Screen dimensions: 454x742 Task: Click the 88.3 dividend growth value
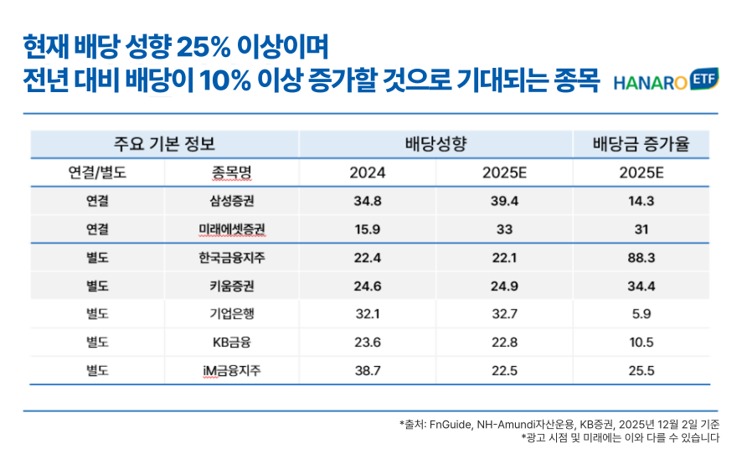pyautogui.click(x=641, y=257)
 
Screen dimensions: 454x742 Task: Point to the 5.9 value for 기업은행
pyautogui.click(x=641, y=313)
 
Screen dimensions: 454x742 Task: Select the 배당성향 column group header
pyautogui.click(x=435, y=143)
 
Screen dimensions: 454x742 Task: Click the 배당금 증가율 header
pyautogui.click(x=641, y=143)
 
